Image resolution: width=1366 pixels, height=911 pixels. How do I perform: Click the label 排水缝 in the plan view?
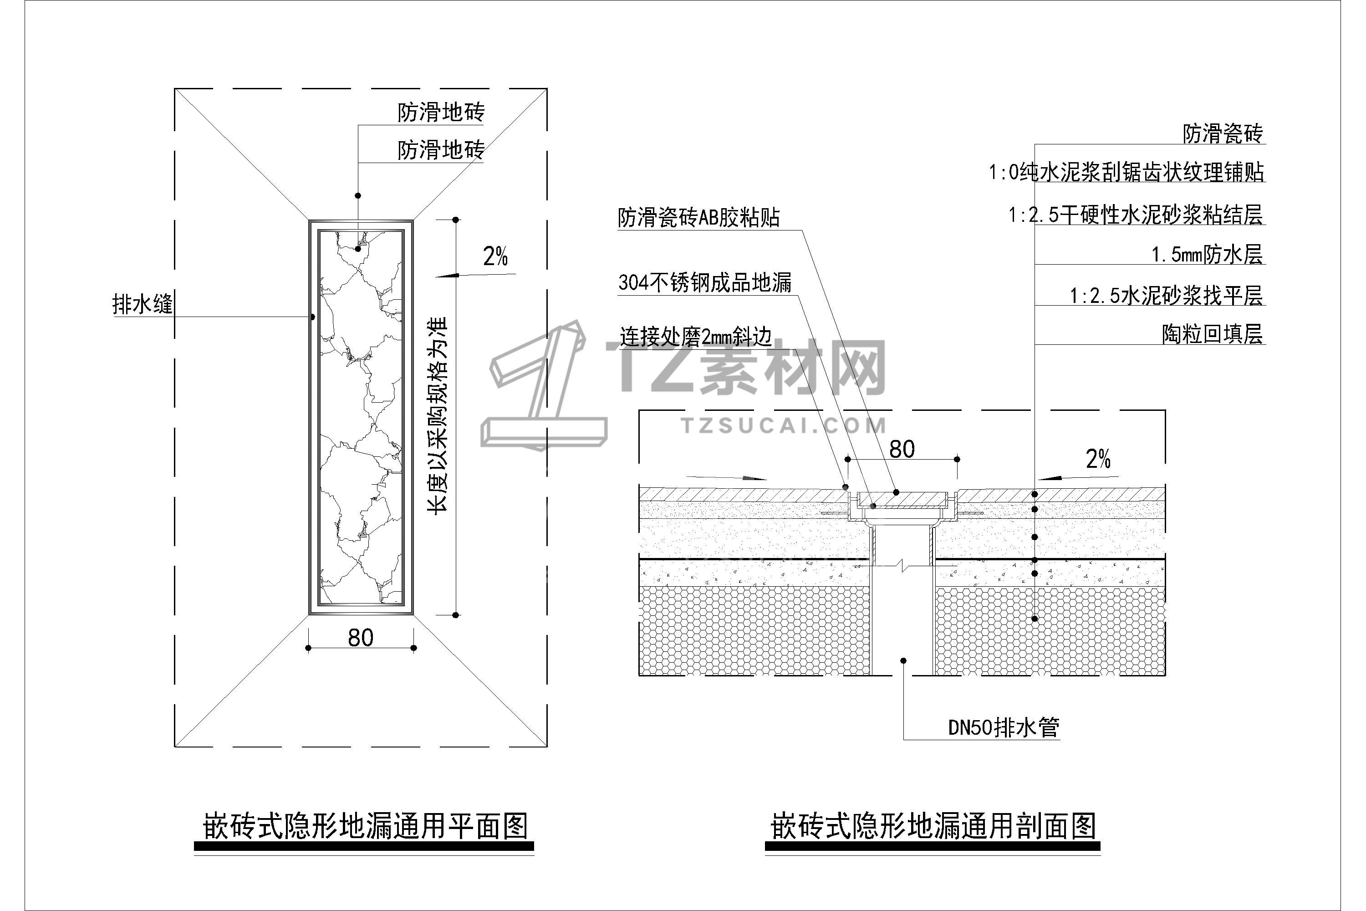[142, 304]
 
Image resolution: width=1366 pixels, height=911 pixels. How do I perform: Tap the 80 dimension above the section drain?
[902, 449]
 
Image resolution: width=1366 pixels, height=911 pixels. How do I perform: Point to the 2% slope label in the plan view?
[495, 256]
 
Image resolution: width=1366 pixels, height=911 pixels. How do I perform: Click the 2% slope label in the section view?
[1098, 460]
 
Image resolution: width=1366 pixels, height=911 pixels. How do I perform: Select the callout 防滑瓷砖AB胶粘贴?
[698, 218]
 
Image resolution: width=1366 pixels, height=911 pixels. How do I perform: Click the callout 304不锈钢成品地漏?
[704, 283]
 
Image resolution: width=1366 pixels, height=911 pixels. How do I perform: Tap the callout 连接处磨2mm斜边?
[695, 337]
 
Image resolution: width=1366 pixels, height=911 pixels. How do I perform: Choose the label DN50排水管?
[1004, 727]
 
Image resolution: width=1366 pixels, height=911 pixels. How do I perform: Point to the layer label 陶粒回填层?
[1212, 334]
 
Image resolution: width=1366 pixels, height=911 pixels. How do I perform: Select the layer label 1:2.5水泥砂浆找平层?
[1166, 296]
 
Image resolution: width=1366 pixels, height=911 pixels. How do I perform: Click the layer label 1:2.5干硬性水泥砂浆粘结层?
[1136, 215]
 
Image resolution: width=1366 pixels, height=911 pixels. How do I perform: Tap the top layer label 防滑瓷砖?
[1223, 133]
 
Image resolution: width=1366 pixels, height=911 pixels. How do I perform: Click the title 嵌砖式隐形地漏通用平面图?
[365, 826]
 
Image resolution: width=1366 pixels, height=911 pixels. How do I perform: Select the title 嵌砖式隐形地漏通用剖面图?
[932, 826]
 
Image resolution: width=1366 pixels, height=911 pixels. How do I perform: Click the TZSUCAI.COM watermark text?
[784, 426]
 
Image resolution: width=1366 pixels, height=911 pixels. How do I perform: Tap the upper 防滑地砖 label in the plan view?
[441, 112]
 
